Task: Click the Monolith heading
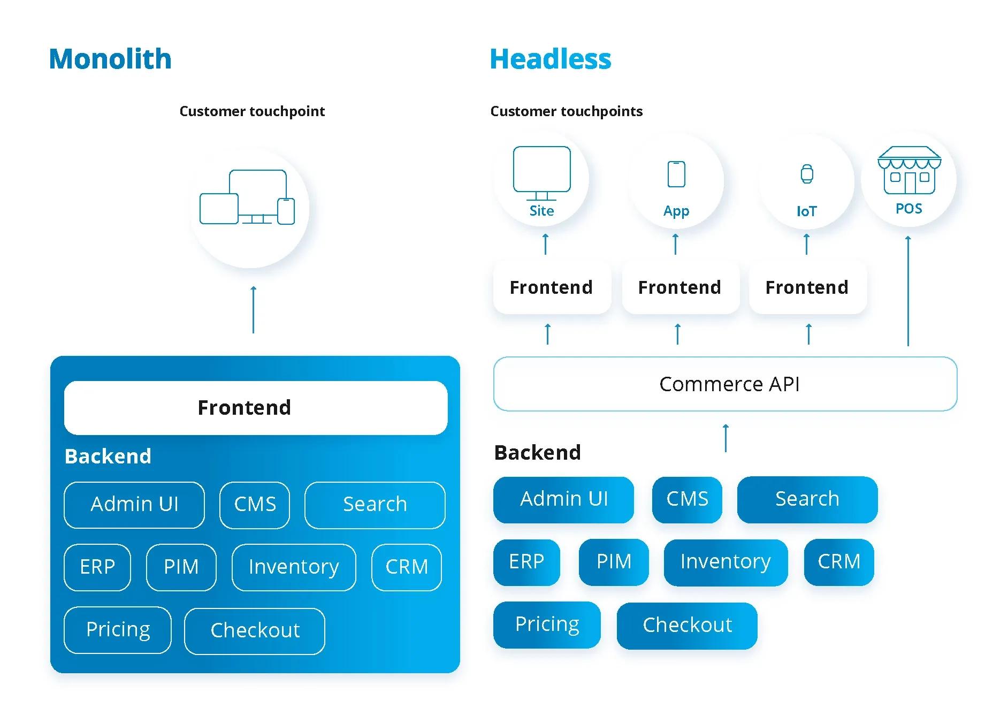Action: point(110,59)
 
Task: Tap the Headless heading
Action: point(550,59)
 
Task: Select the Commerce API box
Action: point(725,384)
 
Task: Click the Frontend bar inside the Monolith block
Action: point(255,407)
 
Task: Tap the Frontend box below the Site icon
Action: point(551,287)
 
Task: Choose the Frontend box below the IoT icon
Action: point(807,287)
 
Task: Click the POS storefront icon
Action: point(909,171)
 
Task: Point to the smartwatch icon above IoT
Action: point(807,174)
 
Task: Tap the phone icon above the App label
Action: point(676,174)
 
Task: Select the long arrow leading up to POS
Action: point(908,292)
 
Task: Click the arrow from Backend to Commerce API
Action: point(726,438)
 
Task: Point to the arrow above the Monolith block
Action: point(253,309)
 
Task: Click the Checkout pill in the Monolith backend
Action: point(255,630)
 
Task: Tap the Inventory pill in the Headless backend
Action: point(725,561)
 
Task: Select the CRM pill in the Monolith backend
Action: point(407,567)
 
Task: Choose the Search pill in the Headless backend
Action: point(807,499)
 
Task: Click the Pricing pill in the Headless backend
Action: point(547,624)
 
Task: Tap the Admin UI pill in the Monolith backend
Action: point(134,504)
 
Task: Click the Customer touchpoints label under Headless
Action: point(566,111)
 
